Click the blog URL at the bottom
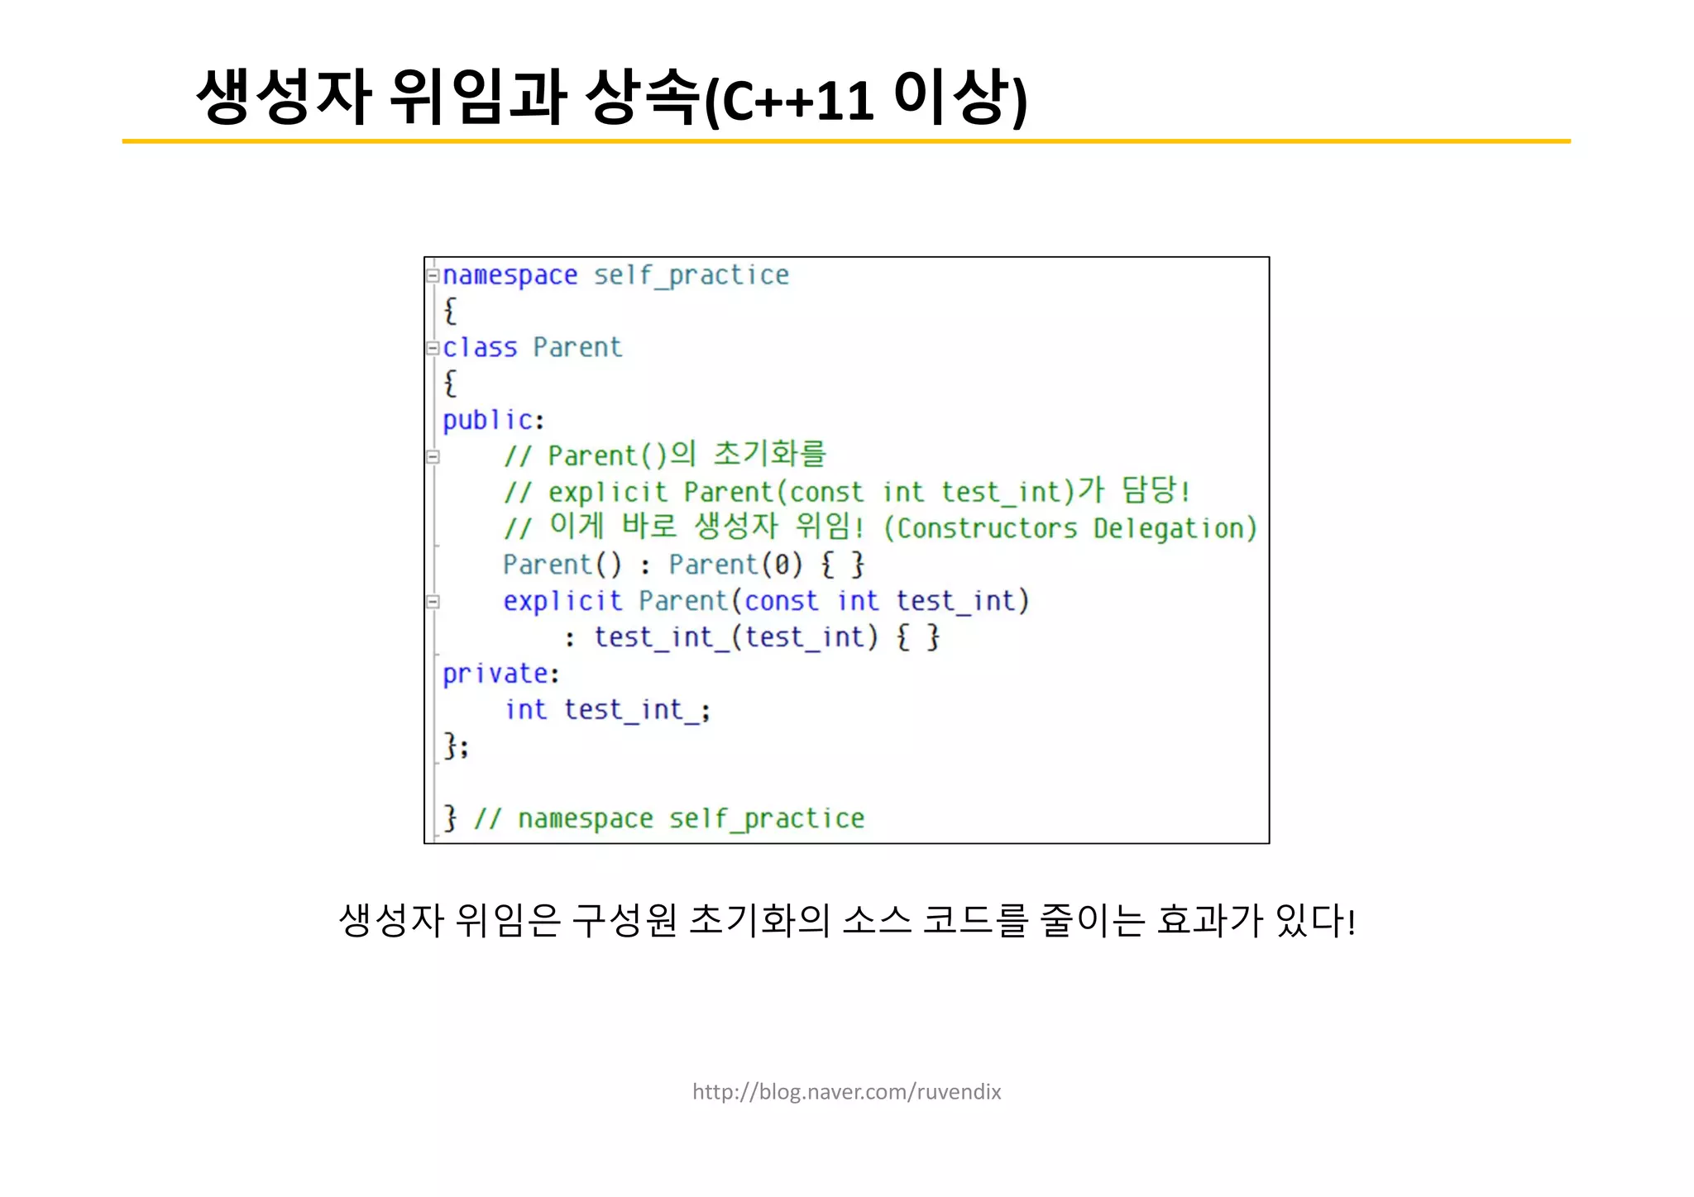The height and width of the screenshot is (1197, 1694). (x=846, y=1092)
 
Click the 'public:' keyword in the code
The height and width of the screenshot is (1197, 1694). (x=493, y=421)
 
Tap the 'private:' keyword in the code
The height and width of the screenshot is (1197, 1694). (x=500, y=675)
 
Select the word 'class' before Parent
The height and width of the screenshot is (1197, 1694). (x=480, y=348)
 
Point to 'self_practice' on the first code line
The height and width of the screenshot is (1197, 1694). (x=691, y=275)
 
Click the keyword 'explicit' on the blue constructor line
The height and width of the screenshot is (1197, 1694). (x=562, y=601)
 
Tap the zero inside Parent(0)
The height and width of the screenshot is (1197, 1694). (x=781, y=565)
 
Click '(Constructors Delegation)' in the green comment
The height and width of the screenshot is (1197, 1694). (x=1070, y=528)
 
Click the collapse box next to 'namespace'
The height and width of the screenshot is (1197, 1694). (x=432, y=275)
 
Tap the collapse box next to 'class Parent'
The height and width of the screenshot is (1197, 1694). (x=432, y=348)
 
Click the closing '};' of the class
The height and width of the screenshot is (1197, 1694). (x=456, y=746)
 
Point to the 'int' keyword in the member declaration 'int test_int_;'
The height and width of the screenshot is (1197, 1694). (x=526, y=710)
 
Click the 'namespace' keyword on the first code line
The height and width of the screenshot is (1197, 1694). (x=510, y=275)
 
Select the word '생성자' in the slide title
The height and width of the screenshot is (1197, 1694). (x=284, y=97)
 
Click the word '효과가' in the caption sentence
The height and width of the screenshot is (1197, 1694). (x=1209, y=920)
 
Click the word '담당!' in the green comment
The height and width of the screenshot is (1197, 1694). (x=1156, y=491)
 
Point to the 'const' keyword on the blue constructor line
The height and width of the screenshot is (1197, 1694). (x=782, y=601)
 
